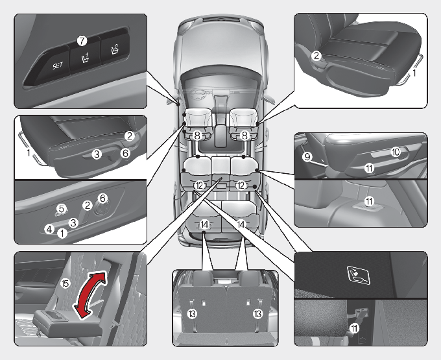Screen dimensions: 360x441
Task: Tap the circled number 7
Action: [x=82, y=40]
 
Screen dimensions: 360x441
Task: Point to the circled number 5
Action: [x=62, y=208]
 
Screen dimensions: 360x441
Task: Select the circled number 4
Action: [x=48, y=228]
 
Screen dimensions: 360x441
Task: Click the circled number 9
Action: [x=307, y=156]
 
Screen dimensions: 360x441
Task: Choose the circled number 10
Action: [x=395, y=151]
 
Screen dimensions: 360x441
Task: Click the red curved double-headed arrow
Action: [x=88, y=296]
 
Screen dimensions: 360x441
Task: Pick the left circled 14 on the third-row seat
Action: [x=204, y=224]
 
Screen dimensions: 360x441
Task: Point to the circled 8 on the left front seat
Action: [x=197, y=136]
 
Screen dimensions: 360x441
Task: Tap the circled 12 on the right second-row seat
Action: [x=241, y=185]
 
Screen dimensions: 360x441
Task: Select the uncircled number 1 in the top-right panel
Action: [x=416, y=74]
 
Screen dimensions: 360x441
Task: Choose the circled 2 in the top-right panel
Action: [x=316, y=56]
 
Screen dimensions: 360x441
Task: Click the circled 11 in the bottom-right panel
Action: [x=354, y=328]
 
